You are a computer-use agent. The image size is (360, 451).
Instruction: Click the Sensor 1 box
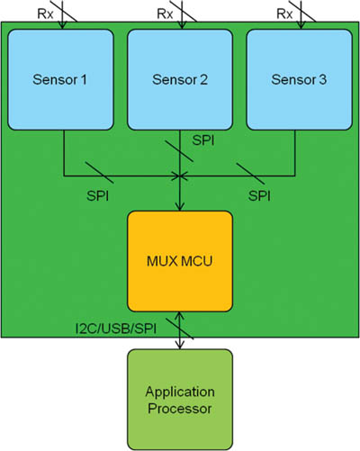point(61,80)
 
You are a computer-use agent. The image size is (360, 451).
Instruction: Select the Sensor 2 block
point(181,80)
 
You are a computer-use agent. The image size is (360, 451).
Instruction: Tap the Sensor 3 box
point(300,80)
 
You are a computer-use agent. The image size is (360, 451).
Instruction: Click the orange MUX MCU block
point(180,261)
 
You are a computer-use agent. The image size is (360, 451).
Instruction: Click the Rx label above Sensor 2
point(165,14)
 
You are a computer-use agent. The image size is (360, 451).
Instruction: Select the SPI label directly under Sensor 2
point(204,142)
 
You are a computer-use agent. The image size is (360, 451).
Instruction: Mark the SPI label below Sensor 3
point(258,194)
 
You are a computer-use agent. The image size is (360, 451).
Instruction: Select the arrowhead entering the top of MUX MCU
point(181,205)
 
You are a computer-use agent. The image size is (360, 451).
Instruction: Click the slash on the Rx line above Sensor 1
point(61,15)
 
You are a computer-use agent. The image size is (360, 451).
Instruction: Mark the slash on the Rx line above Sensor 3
point(301,15)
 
